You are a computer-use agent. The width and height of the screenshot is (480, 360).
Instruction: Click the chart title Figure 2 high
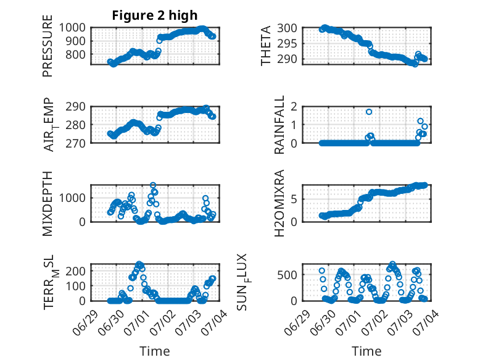155,15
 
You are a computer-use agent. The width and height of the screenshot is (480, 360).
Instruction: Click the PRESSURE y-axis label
48,46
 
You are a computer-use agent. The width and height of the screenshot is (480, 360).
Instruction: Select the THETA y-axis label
266,46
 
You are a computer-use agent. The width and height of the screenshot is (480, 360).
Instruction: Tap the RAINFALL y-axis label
279,125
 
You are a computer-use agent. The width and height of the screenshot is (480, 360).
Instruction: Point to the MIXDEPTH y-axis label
48,203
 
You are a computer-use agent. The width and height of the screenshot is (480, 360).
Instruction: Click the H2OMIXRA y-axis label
279,203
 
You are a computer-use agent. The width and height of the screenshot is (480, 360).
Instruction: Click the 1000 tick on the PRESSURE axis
72,28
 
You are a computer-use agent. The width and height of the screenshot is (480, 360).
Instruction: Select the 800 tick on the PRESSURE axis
76,54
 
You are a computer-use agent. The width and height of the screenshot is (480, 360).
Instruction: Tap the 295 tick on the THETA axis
287,44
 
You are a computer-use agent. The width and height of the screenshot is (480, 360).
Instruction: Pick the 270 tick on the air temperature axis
76,143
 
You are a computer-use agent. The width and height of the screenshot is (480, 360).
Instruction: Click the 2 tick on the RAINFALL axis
294,107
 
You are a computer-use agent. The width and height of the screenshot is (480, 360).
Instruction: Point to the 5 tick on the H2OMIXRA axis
294,199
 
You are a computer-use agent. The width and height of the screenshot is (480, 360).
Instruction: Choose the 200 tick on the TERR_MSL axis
76,271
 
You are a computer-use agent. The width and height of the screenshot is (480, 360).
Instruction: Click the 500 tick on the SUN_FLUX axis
287,275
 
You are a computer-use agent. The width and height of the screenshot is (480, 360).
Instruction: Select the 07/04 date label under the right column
426,322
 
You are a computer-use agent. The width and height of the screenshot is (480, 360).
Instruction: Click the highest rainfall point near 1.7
369,112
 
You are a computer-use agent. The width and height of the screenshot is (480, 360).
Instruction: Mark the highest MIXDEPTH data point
153,185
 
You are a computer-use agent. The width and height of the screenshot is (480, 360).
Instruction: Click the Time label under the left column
155,351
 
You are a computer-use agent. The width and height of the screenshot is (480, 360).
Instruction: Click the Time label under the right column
366,351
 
